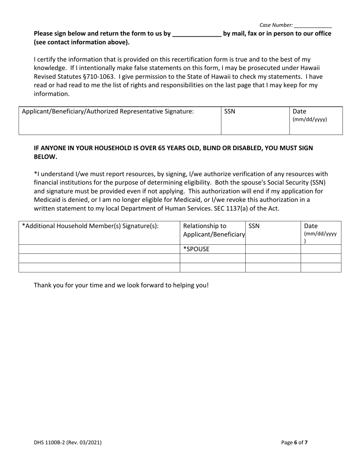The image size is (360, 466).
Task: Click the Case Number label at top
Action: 276,25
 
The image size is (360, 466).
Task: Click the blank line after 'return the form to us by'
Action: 197,34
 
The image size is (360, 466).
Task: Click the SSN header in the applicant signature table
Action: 230,111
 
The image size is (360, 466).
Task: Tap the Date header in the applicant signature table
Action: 299,111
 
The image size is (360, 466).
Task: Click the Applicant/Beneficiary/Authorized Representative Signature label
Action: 108,111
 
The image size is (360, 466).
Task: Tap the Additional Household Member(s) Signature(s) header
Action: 90,226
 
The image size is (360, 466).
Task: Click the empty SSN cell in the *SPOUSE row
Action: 273,249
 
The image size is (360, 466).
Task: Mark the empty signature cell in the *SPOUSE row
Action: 99,249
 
